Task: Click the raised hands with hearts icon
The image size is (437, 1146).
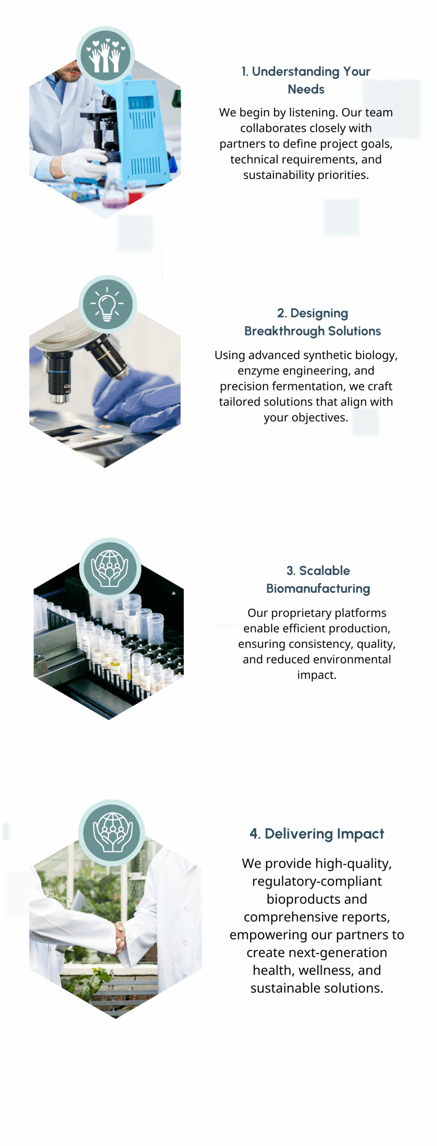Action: (x=105, y=55)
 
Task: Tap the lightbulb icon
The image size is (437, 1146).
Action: (x=107, y=304)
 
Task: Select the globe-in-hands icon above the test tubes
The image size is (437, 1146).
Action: (x=110, y=568)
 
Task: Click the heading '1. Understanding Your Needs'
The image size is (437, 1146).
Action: (x=306, y=80)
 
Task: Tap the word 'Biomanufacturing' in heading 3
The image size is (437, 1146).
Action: (x=318, y=588)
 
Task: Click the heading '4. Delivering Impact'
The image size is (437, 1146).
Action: (x=317, y=834)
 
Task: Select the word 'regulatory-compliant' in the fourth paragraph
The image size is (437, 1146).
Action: (x=317, y=881)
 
